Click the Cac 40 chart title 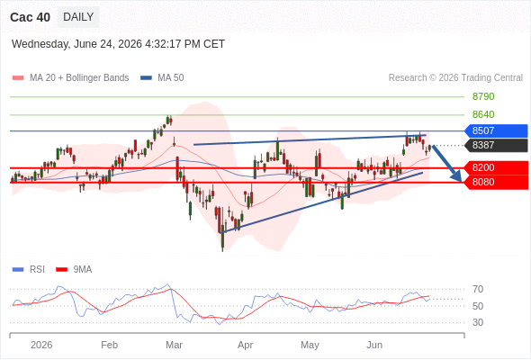coord(30,17)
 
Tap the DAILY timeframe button coord(78,17)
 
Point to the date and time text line coord(118,44)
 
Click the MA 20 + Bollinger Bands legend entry coord(70,78)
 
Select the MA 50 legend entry coord(162,78)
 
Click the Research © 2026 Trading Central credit coord(455,78)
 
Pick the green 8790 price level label coord(483,96)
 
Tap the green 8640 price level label coord(483,114)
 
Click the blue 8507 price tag coord(496,130)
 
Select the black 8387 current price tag coord(496,145)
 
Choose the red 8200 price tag coord(496,167)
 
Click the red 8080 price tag coord(496,182)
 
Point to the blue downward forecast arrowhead coord(456,176)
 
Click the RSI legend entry coord(29,270)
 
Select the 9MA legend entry coord(74,270)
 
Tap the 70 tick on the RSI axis coord(478,289)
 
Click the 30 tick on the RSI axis coord(478,322)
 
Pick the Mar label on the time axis coord(174,345)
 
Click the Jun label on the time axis coord(374,345)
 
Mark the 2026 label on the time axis coord(41,345)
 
